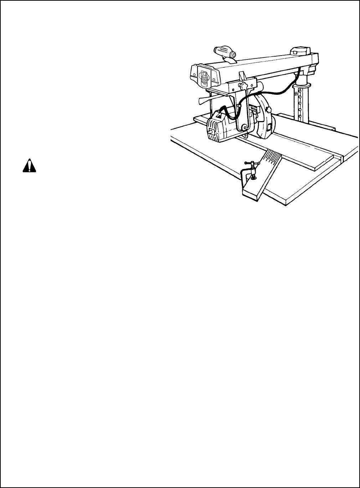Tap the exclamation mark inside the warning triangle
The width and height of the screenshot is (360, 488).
tap(27, 167)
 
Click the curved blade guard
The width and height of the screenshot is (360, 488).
tap(264, 118)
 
